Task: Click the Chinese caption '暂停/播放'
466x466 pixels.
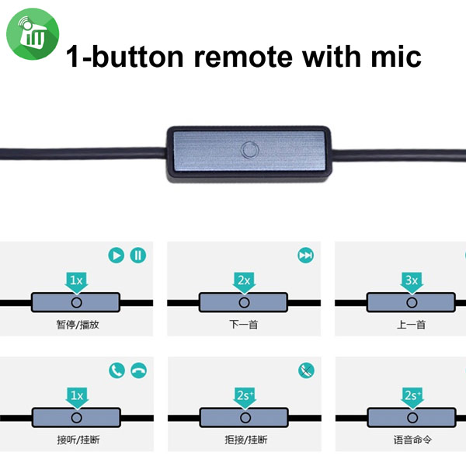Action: [x=77, y=324]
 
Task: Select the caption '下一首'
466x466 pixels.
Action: [x=244, y=324]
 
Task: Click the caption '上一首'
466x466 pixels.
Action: [x=411, y=324]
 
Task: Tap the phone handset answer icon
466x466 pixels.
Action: [x=116, y=370]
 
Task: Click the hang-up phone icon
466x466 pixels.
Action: [x=138, y=370]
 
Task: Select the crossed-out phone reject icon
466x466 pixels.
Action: [x=305, y=370]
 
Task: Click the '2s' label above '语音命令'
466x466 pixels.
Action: [x=411, y=396]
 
